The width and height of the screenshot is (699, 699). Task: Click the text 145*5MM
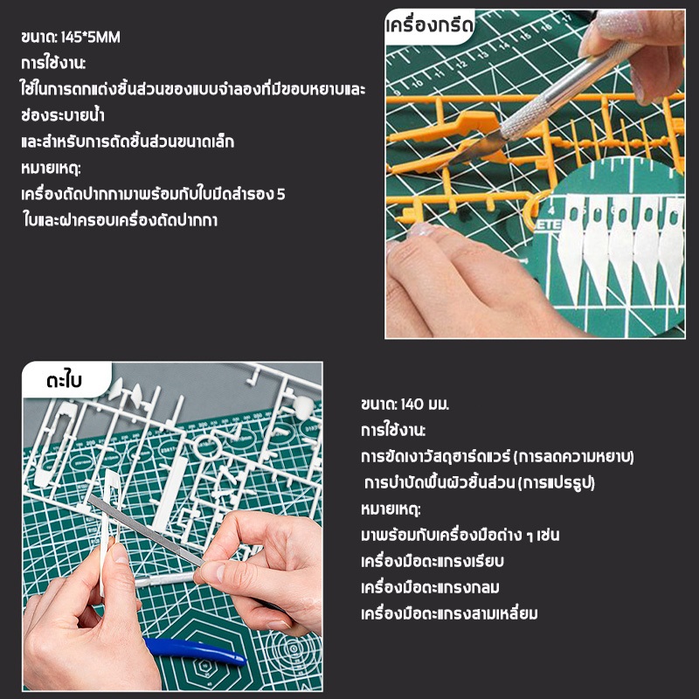(x=91, y=37)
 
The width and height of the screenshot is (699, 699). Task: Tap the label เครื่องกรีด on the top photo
(x=429, y=26)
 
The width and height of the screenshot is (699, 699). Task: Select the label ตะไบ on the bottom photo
(x=64, y=381)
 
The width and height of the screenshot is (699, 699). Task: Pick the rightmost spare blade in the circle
(x=672, y=250)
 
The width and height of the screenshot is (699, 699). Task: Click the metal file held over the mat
(x=146, y=531)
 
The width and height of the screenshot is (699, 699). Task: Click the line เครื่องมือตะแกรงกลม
(x=430, y=587)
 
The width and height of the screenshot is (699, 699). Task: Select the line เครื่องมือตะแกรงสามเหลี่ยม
(x=449, y=614)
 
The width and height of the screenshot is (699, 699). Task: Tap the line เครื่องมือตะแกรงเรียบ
(x=433, y=561)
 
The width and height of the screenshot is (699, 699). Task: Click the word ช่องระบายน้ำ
(x=63, y=115)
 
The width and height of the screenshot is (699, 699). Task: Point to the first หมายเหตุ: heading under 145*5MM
(x=51, y=169)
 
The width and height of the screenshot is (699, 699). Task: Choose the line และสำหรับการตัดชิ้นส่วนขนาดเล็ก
(x=128, y=142)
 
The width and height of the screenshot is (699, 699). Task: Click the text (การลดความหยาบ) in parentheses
(x=573, y=457)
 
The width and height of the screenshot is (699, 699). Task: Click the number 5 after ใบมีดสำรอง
(x=280, y=194)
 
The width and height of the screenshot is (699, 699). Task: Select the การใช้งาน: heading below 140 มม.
(x=393, y=431)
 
